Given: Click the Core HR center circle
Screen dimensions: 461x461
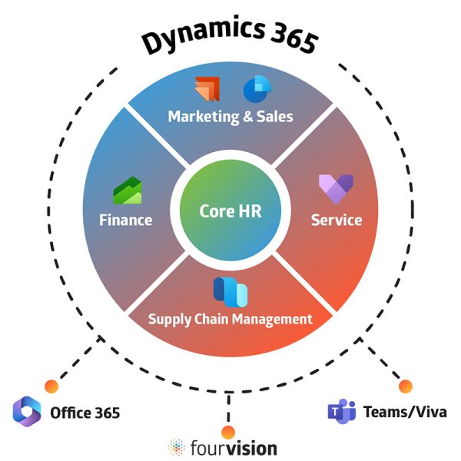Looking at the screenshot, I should (230, 211).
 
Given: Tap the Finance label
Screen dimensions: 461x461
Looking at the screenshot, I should (126, 220).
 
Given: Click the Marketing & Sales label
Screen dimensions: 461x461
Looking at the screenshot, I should (230, 117).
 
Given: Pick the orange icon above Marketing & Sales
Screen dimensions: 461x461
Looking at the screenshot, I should (207, 89).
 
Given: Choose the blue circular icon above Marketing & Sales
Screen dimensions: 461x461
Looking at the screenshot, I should (254, 89).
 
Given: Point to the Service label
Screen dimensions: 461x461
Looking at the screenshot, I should (336, 220).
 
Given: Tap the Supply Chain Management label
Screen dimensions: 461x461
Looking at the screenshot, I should (230, 318).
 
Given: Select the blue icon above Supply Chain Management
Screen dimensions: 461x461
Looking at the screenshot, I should (230, 291).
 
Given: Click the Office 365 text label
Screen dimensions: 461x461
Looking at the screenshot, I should (85, 413).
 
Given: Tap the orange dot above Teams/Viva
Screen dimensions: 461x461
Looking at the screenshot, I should (406, 386).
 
